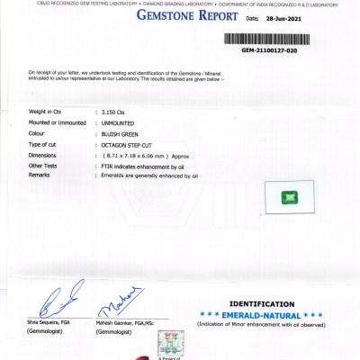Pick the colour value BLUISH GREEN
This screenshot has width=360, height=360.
click(x=121, y=132)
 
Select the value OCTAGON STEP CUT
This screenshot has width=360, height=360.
click(x=128, y=144)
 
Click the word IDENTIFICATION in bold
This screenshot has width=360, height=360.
click(x=262, y=304)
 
